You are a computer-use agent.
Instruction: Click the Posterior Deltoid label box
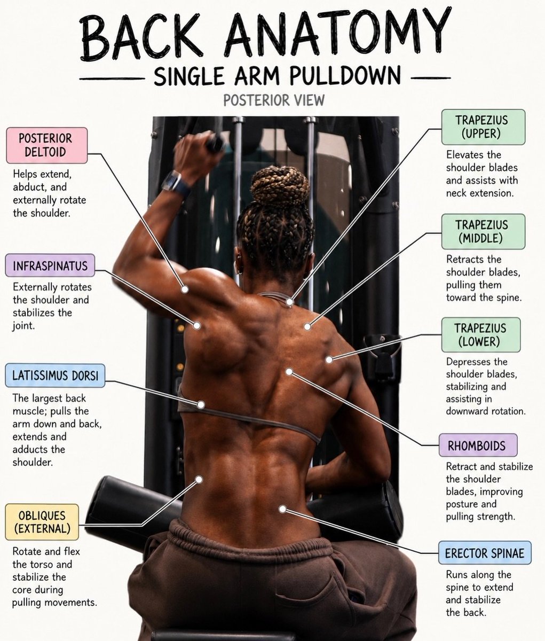pyautogui.click(x=47, y=145)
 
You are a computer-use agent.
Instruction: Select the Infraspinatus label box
pyautogui.click(x=50, y=265)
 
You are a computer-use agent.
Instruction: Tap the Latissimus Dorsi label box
pyautogui.click(x=55, y=376)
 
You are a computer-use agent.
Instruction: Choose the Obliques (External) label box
pyautogui.click(x=42, y=522)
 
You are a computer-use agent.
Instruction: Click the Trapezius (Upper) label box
pyautogui.click(x=483, y=127)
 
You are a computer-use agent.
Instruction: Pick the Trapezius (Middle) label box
pyautogui.click(x=483, y=231)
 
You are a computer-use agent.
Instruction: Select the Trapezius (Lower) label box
pyautogui.click(x=481, y=334)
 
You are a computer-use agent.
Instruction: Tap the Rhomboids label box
pyautogui.click(x=478, y=445)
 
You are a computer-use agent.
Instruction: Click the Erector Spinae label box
pyautogui.click(x=485, y=553)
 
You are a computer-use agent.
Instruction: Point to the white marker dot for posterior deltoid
pyautogui.click(x=185, y=290)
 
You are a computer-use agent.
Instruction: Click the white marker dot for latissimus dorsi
pyautogui.click(x=201, y=405)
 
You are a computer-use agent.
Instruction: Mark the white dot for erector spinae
pyautogui.click(x=282, y=509)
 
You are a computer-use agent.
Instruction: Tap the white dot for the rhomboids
pyautogui.click(x=289, y=372)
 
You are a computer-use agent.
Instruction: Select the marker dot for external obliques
pyautogui.click(x=199, y=480)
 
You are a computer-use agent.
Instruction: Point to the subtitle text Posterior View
pyautogui.click(x=274, y=100)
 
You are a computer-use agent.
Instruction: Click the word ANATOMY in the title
pyautogui.click(x=337, y=35)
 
